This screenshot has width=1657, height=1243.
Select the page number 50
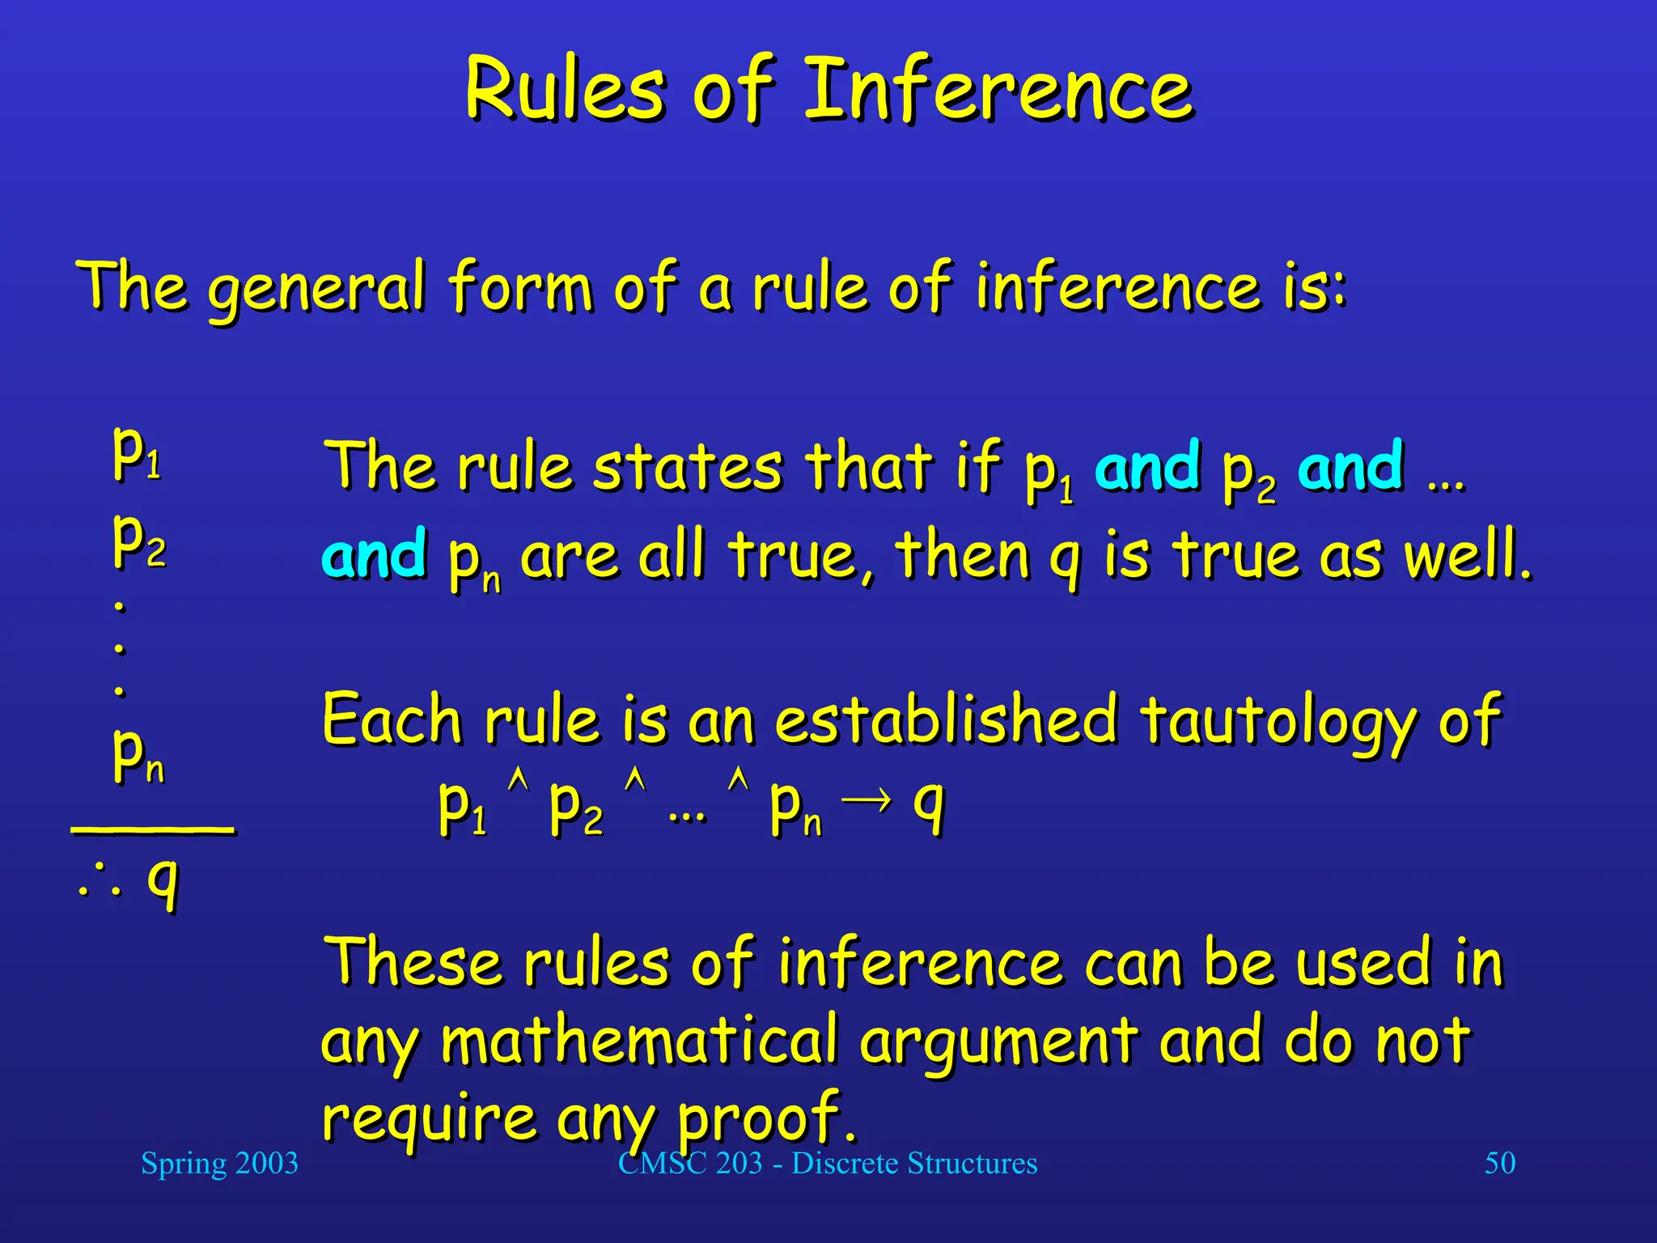[x=1499, y=1163]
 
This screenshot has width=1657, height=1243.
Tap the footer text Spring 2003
[x=219, y=1163]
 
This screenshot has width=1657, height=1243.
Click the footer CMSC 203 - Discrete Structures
[x=827, y=1163]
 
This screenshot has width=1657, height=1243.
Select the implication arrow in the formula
[x=867, y=800]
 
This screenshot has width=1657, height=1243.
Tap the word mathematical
[x=639, y=1041]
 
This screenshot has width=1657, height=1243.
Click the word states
[x=687, y=468]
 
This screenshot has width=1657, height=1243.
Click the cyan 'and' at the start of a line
[x=374, y=554]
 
